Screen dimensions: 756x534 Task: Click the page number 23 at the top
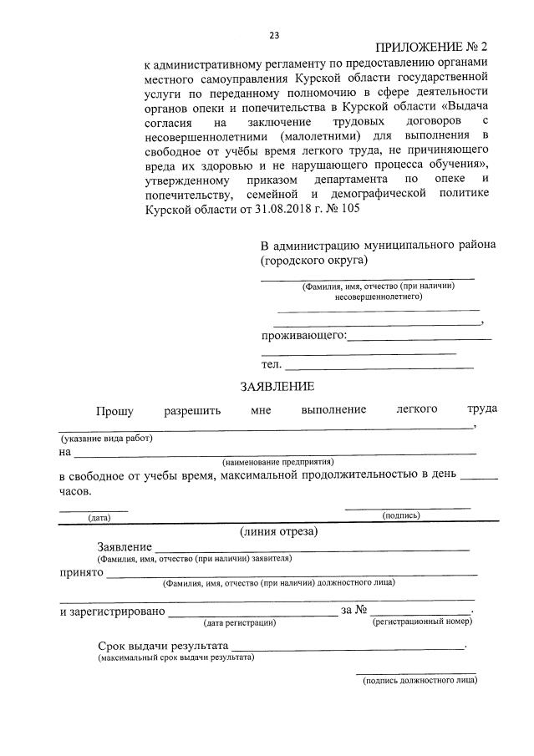click(274, 35)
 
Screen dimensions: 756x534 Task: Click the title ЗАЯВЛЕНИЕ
click(277, 387)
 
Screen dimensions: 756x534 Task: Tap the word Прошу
click(114, 409)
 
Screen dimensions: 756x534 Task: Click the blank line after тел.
click(379, 368)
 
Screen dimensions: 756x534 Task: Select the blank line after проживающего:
click(419, 338)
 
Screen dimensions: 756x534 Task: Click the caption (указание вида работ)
click(106, 439)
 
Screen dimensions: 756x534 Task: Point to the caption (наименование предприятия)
click(278, 461)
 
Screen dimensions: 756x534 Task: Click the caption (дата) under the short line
click(99, 518)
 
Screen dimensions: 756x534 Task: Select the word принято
click(81, 573)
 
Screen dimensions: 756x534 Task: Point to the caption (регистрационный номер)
click(424, 622)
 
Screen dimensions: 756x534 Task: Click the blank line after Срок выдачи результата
click(347, 647)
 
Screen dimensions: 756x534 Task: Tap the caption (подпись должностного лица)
click(420, 681)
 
